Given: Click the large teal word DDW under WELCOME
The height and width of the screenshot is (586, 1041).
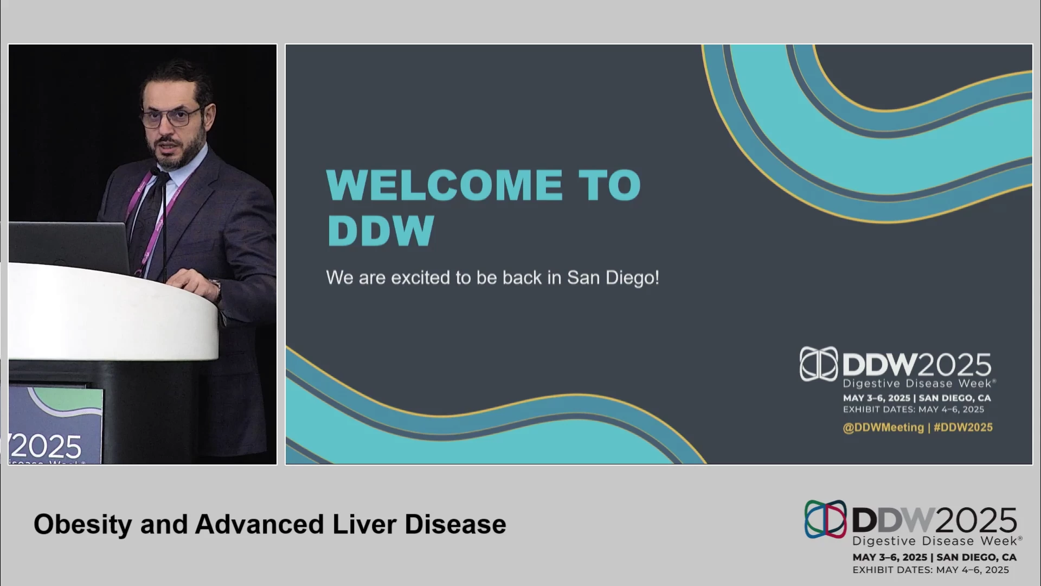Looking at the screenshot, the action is point(381,231).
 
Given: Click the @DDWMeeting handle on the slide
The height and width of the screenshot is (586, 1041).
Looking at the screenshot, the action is point(883,428).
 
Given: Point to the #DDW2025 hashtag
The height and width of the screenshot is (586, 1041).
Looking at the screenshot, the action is point(963,427).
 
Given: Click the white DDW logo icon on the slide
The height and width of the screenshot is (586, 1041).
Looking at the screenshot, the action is point(819,364).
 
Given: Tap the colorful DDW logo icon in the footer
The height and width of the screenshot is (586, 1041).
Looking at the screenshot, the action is point(825,519).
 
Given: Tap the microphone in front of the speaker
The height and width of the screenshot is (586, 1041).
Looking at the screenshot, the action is point(162,222).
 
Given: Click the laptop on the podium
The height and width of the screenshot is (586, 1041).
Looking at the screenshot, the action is point(69,247).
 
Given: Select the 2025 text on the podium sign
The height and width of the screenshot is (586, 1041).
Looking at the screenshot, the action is point(46,447).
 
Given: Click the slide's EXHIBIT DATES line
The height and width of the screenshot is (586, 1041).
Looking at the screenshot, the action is point(914,410).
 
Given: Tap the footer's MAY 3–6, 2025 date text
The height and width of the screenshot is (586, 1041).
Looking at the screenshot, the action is point(890,557).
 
